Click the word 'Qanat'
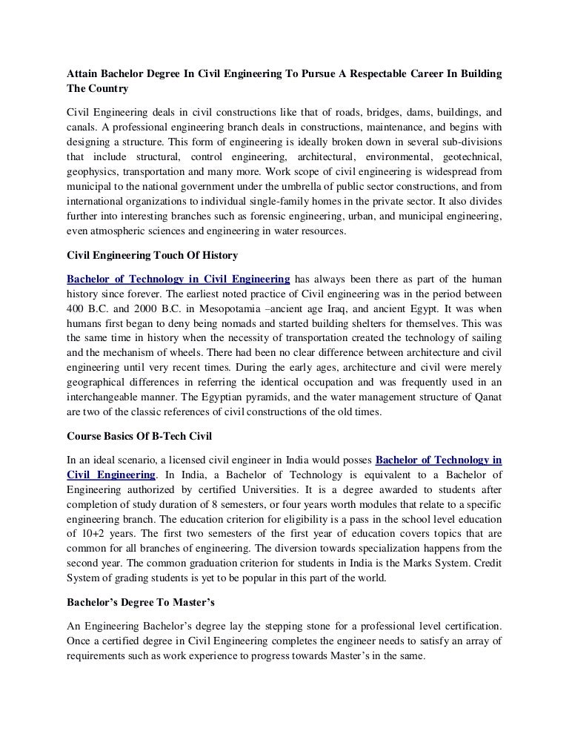pyautogui.click(x=486, y=396)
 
